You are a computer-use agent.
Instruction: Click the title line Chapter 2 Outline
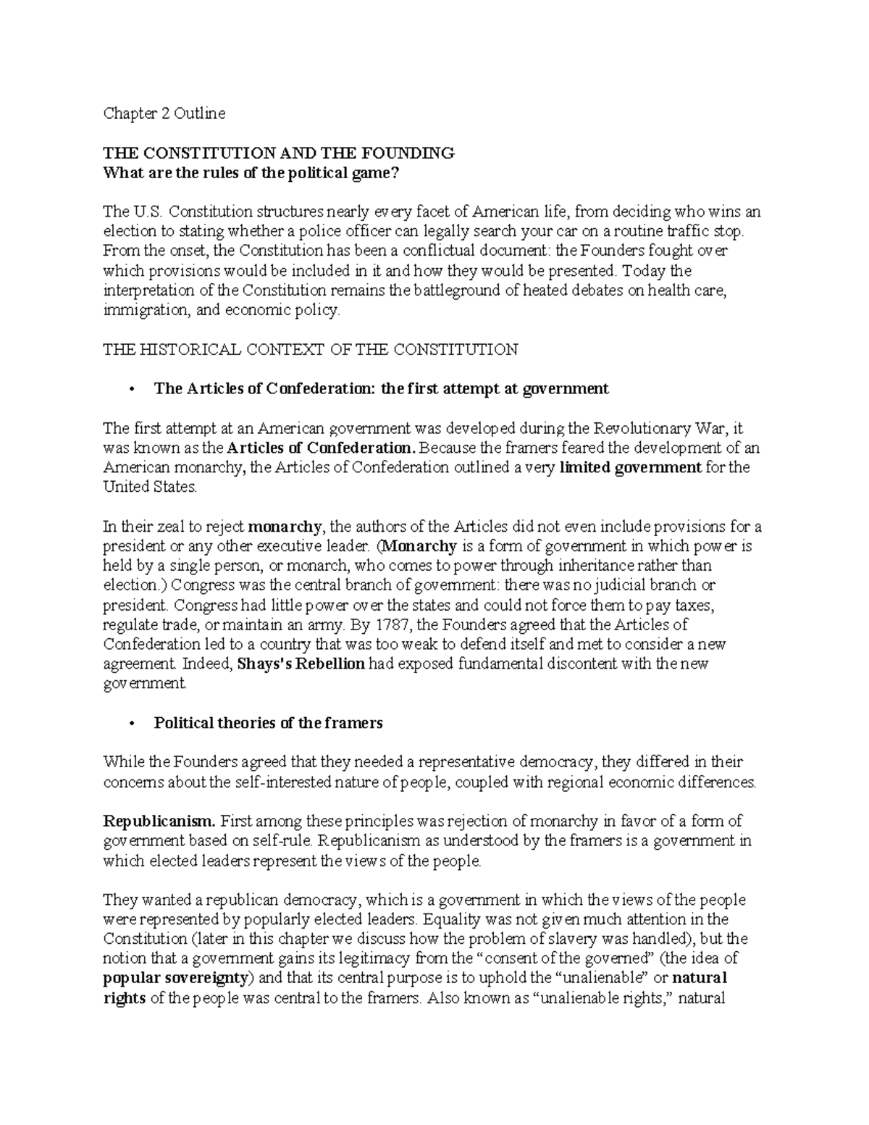[x=164, y=113]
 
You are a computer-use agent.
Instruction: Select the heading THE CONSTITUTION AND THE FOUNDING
[x=279, y=153]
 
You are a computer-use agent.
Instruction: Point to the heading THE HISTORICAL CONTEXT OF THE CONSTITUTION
[x=311, y=349]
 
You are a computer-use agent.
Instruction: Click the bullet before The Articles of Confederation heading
[x=130, y=389]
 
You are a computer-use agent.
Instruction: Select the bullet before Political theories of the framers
[x=130, y=723]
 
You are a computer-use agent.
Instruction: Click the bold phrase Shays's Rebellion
[x=301, y=664]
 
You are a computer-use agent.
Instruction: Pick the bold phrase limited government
[x=631, y=467]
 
